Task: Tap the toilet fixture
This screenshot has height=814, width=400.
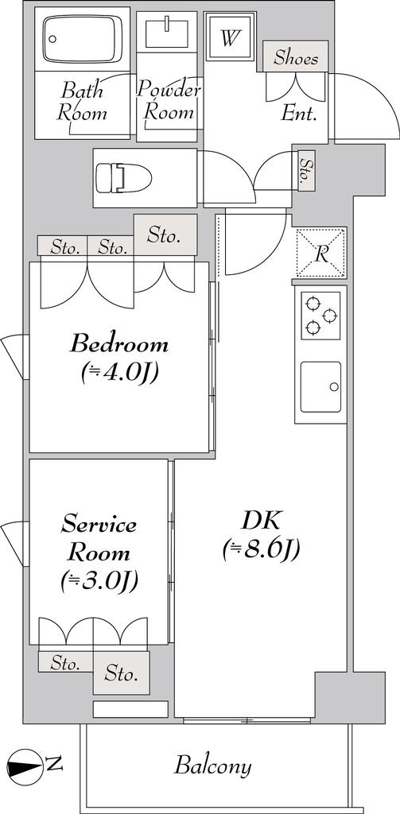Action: coord(123,178)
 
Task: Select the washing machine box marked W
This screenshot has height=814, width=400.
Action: coord(231,37)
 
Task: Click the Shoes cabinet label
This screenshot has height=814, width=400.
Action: coord(296,56)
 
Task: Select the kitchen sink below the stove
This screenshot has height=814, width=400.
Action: coord(320,387)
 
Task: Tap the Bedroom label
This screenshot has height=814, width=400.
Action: coord(119,344)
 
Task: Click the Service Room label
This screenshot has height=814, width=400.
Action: coord(99,538)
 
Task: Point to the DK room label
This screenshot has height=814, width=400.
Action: coord(261,521)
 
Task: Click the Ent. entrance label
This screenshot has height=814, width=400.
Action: coord(299,114)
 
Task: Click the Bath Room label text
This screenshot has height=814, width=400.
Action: coord(82,101)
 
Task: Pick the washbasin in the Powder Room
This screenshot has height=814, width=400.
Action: coord(167,32)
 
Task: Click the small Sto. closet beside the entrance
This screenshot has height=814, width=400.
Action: coord(306,170)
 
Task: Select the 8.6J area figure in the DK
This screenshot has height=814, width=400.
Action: coord(261,550)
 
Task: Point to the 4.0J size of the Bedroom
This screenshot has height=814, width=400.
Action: coord(119,373)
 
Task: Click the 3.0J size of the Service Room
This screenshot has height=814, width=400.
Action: coord(99,582)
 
